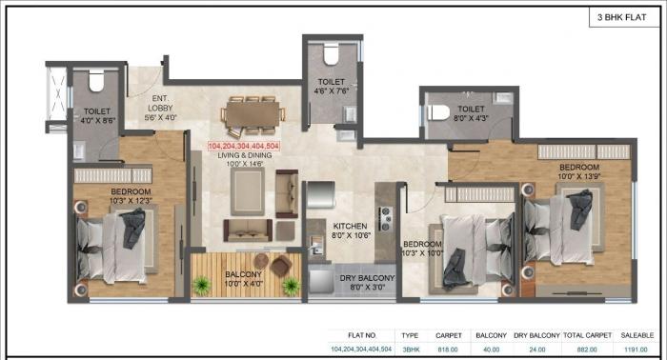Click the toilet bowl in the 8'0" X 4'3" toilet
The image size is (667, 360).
click(x=439, y=111)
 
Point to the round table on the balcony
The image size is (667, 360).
click(x=281, y=266)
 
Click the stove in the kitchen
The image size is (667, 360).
click(x=385, y=219)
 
